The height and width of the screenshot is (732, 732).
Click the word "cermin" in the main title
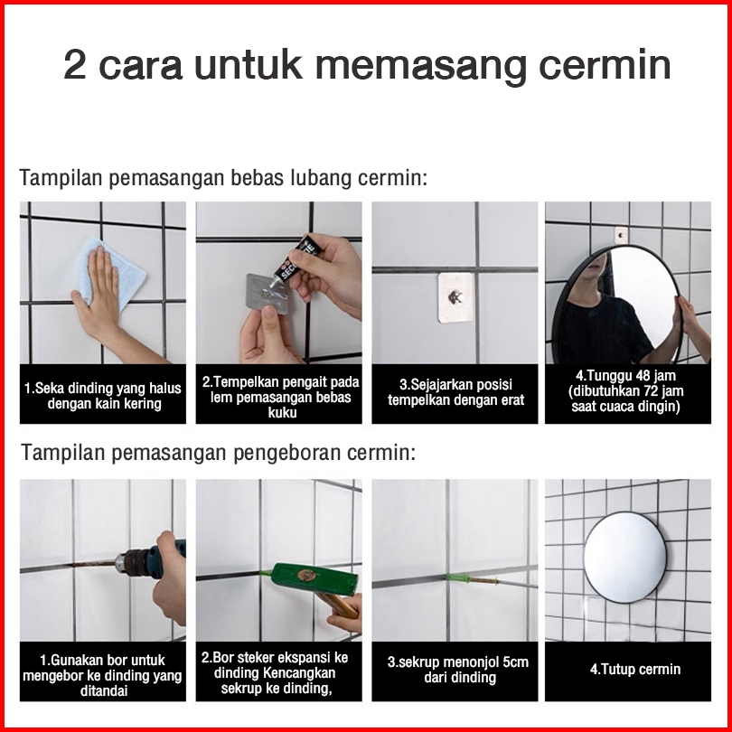[x=605, y=66]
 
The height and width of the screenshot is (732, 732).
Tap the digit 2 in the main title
[x=75, y=65]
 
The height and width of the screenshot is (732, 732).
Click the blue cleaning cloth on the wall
[x=111, y=273]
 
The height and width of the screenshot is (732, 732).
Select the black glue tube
[x=297, y=258]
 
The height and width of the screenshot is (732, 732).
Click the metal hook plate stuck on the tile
[x=455, y=298]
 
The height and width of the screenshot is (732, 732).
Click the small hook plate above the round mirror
[x=621, y=235]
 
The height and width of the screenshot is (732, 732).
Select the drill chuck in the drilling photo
[x=132, y=561]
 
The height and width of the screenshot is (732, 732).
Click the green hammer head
[x=314, y=579]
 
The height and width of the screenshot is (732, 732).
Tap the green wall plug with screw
[x=473, y=580]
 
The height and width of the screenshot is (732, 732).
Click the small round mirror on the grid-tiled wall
[x=624, y=557]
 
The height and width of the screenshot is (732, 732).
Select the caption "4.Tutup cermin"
[x=635, y=669]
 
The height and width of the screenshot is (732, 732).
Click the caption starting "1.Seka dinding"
[x=103, y=396]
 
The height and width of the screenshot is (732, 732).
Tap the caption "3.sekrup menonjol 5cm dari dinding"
[x=458, y=670]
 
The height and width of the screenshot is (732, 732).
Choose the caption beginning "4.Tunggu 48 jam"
[x=625, y=390]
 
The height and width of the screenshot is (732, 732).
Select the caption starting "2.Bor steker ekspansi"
[x=275, y=672]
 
